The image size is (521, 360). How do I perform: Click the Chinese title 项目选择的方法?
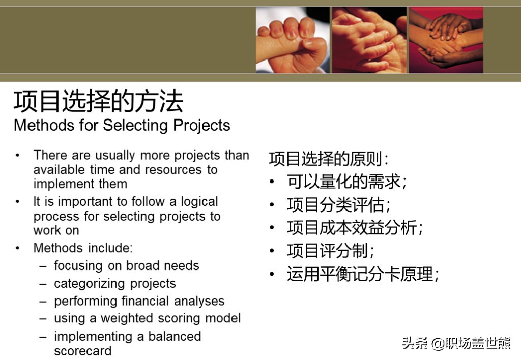pyautogui.click(x=98, y=101)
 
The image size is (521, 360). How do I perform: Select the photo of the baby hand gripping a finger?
pyautogui.click(x=293, y=40)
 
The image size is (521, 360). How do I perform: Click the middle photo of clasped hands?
pyautogui.click(x=369, y=40)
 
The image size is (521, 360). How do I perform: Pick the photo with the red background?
pyautogui.click(x=446, y=40)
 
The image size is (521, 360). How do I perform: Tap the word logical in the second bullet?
pyautogui.click(x=199, y=201)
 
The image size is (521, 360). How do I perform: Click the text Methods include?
pyautogui.click(x=83, y=248)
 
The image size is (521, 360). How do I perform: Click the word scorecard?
pyautogui.click(x=83, y=351)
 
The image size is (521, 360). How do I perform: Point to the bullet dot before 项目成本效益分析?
pyautogui.click(x=272, y=228)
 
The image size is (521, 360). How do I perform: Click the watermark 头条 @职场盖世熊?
pyautogui.click(x=456, y=343)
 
